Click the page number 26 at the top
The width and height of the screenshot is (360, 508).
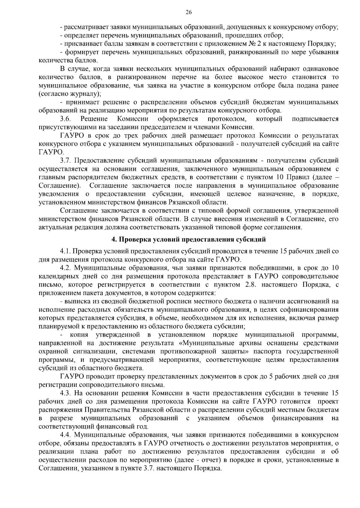(x=189, y=12)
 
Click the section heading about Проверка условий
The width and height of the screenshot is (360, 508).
(x=189, y=239)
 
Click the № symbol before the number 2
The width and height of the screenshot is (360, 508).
(x=252, y=44)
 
